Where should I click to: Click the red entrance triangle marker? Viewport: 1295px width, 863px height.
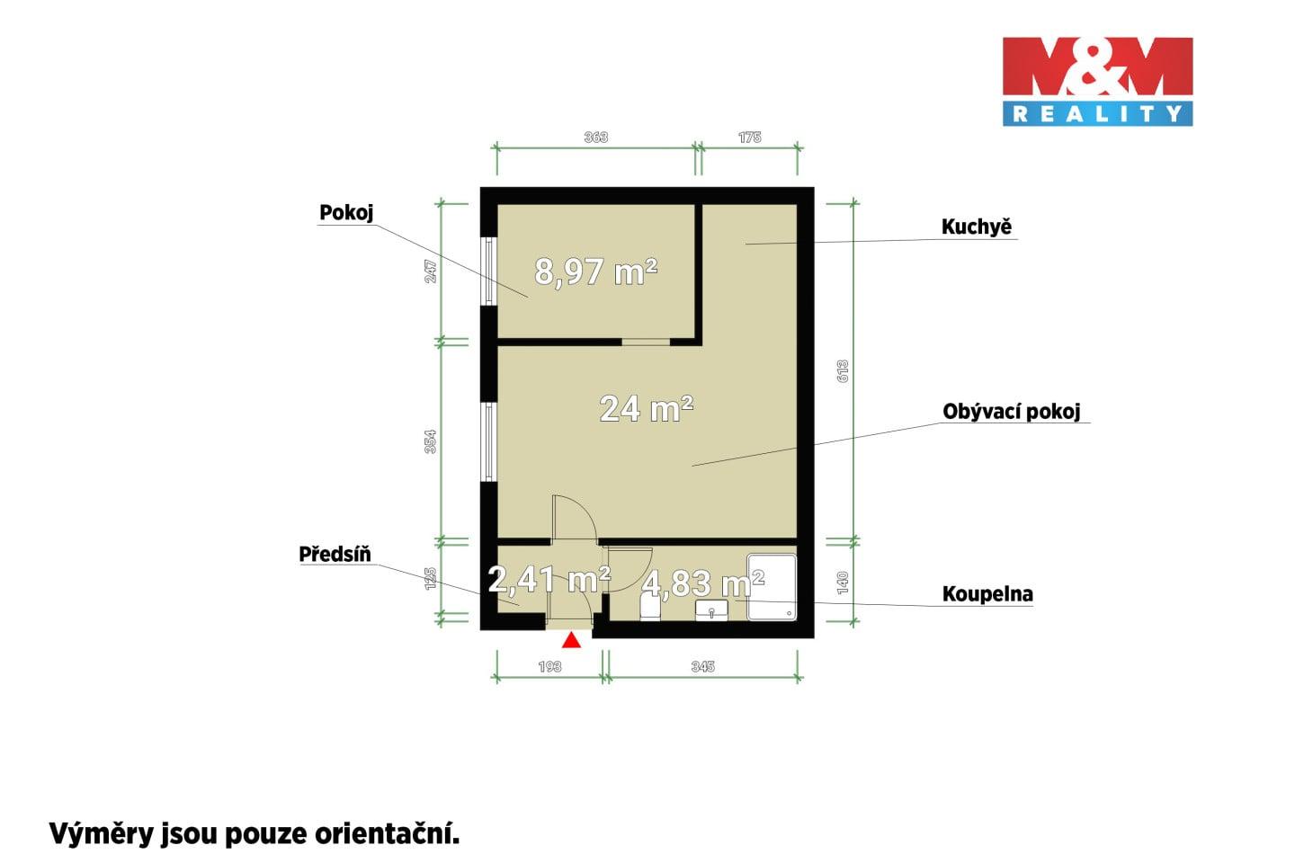click(x=572, y=640)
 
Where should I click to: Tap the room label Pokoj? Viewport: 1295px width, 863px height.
click(x=346, y=213)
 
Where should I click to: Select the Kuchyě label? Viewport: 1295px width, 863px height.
click(x=977, y=226)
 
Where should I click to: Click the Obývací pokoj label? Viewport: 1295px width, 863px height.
click(x=1011, y=412)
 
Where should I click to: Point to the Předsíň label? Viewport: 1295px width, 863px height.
click(x=335, y=554)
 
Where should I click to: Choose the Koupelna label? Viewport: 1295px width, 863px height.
click(x=987, y=593)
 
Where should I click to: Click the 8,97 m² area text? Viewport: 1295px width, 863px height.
click(x=596, y=271)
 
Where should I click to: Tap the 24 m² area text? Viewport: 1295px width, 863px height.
click(x=647, y=409)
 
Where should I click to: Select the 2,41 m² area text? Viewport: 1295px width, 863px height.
click(x=549, y=579)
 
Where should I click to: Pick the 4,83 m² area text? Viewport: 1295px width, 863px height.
click(x=703, y=583)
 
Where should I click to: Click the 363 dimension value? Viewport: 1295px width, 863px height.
click(x=596, y=137)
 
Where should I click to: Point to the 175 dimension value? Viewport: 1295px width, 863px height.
click(x=750, y=137)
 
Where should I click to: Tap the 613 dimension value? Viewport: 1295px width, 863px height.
click(x=843, y=371)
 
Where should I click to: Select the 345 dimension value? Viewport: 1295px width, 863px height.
click(x=703, y=666)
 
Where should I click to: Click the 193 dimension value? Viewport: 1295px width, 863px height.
click(x=549, y=666)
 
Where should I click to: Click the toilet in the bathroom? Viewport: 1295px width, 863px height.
click(x=650, y=608)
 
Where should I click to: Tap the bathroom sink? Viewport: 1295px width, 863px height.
click(x=711, y=610)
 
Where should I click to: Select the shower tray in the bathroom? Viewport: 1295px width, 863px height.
click(x=772, y=587)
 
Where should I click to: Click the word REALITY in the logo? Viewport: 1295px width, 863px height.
click(x=1097, y=114)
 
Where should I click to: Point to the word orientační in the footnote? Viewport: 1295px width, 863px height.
click(x=387, y=833)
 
